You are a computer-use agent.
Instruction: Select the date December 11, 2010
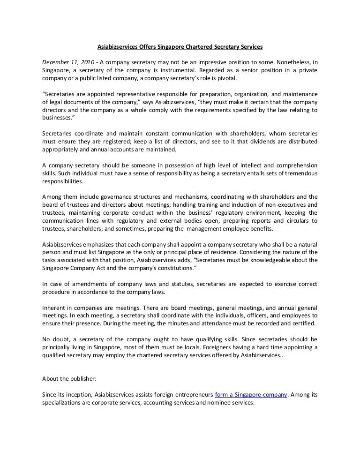point(67,62)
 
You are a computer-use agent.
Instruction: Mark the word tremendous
point(295,173)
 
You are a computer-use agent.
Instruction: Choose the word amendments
point(86,284)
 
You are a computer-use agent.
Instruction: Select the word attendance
point(225,324)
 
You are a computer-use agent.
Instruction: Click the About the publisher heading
point(69,379)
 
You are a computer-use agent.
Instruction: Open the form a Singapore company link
point(251,395)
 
